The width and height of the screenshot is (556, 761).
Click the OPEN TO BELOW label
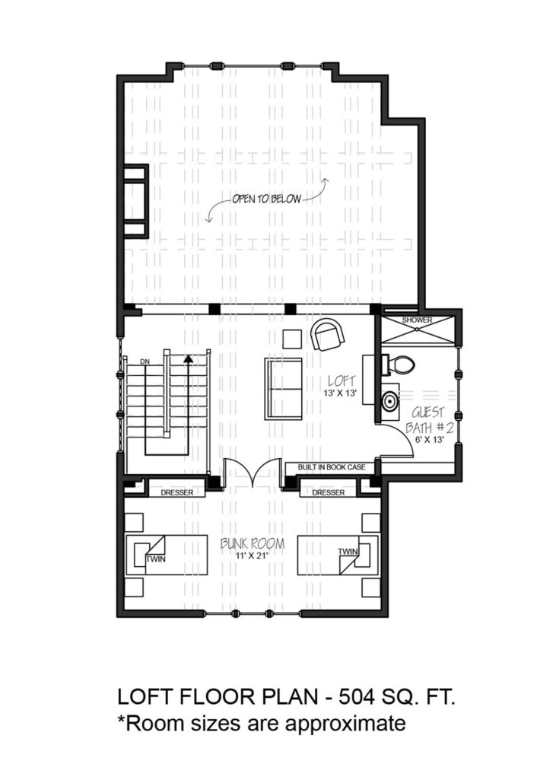[266, 199]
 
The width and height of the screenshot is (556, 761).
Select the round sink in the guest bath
[389, 401]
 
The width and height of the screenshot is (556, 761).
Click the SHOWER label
[417, 320]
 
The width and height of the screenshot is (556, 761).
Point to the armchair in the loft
[328, 334]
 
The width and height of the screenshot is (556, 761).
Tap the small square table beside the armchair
[292, 339]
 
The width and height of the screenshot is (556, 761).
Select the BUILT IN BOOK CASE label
[332, 467]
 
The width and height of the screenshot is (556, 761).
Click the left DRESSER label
[177, 492]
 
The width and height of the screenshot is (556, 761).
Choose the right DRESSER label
[329, 492]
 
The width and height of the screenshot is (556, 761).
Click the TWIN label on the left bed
[156, 559]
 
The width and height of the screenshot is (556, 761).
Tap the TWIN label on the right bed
[348, 551]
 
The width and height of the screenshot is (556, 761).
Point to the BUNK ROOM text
[253, 543]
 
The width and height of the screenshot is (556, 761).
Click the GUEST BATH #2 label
[430, 420]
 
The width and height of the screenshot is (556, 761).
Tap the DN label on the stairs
[145, 361]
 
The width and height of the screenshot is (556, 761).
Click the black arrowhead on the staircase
[188, 358]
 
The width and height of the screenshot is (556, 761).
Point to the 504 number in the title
[357, 697]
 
